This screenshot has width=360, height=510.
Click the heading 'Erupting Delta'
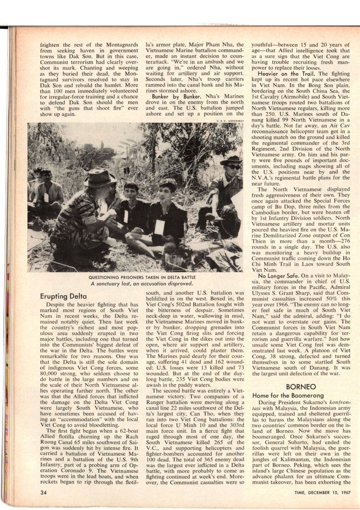63,295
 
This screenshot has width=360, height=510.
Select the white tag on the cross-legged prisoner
159,227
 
